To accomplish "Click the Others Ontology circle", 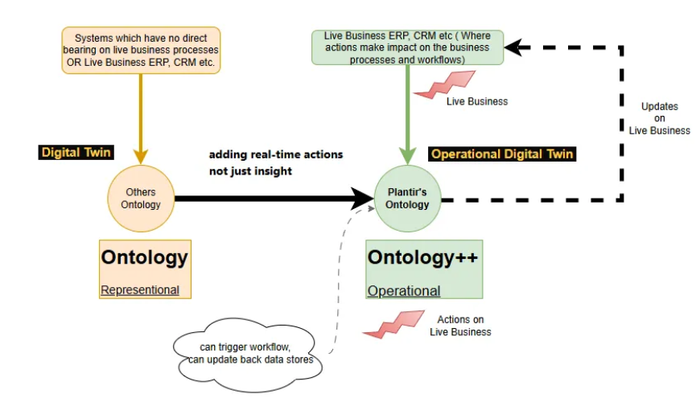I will point(142,199).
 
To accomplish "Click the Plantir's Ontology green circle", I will point(407,199).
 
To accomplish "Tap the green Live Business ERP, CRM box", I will point(407,47).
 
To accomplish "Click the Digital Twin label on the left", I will point(77,151).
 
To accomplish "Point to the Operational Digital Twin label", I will point(503,154).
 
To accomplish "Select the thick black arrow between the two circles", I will point(266,198).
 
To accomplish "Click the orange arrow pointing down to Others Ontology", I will point(141,113).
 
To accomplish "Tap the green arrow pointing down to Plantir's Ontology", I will point(408,113).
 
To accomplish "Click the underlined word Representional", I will point(140,290).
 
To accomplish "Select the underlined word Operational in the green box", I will point(404,291).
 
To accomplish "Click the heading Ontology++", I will point(422,257).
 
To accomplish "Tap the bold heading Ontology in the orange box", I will point(144,257).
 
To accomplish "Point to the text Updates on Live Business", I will point(659,118).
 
